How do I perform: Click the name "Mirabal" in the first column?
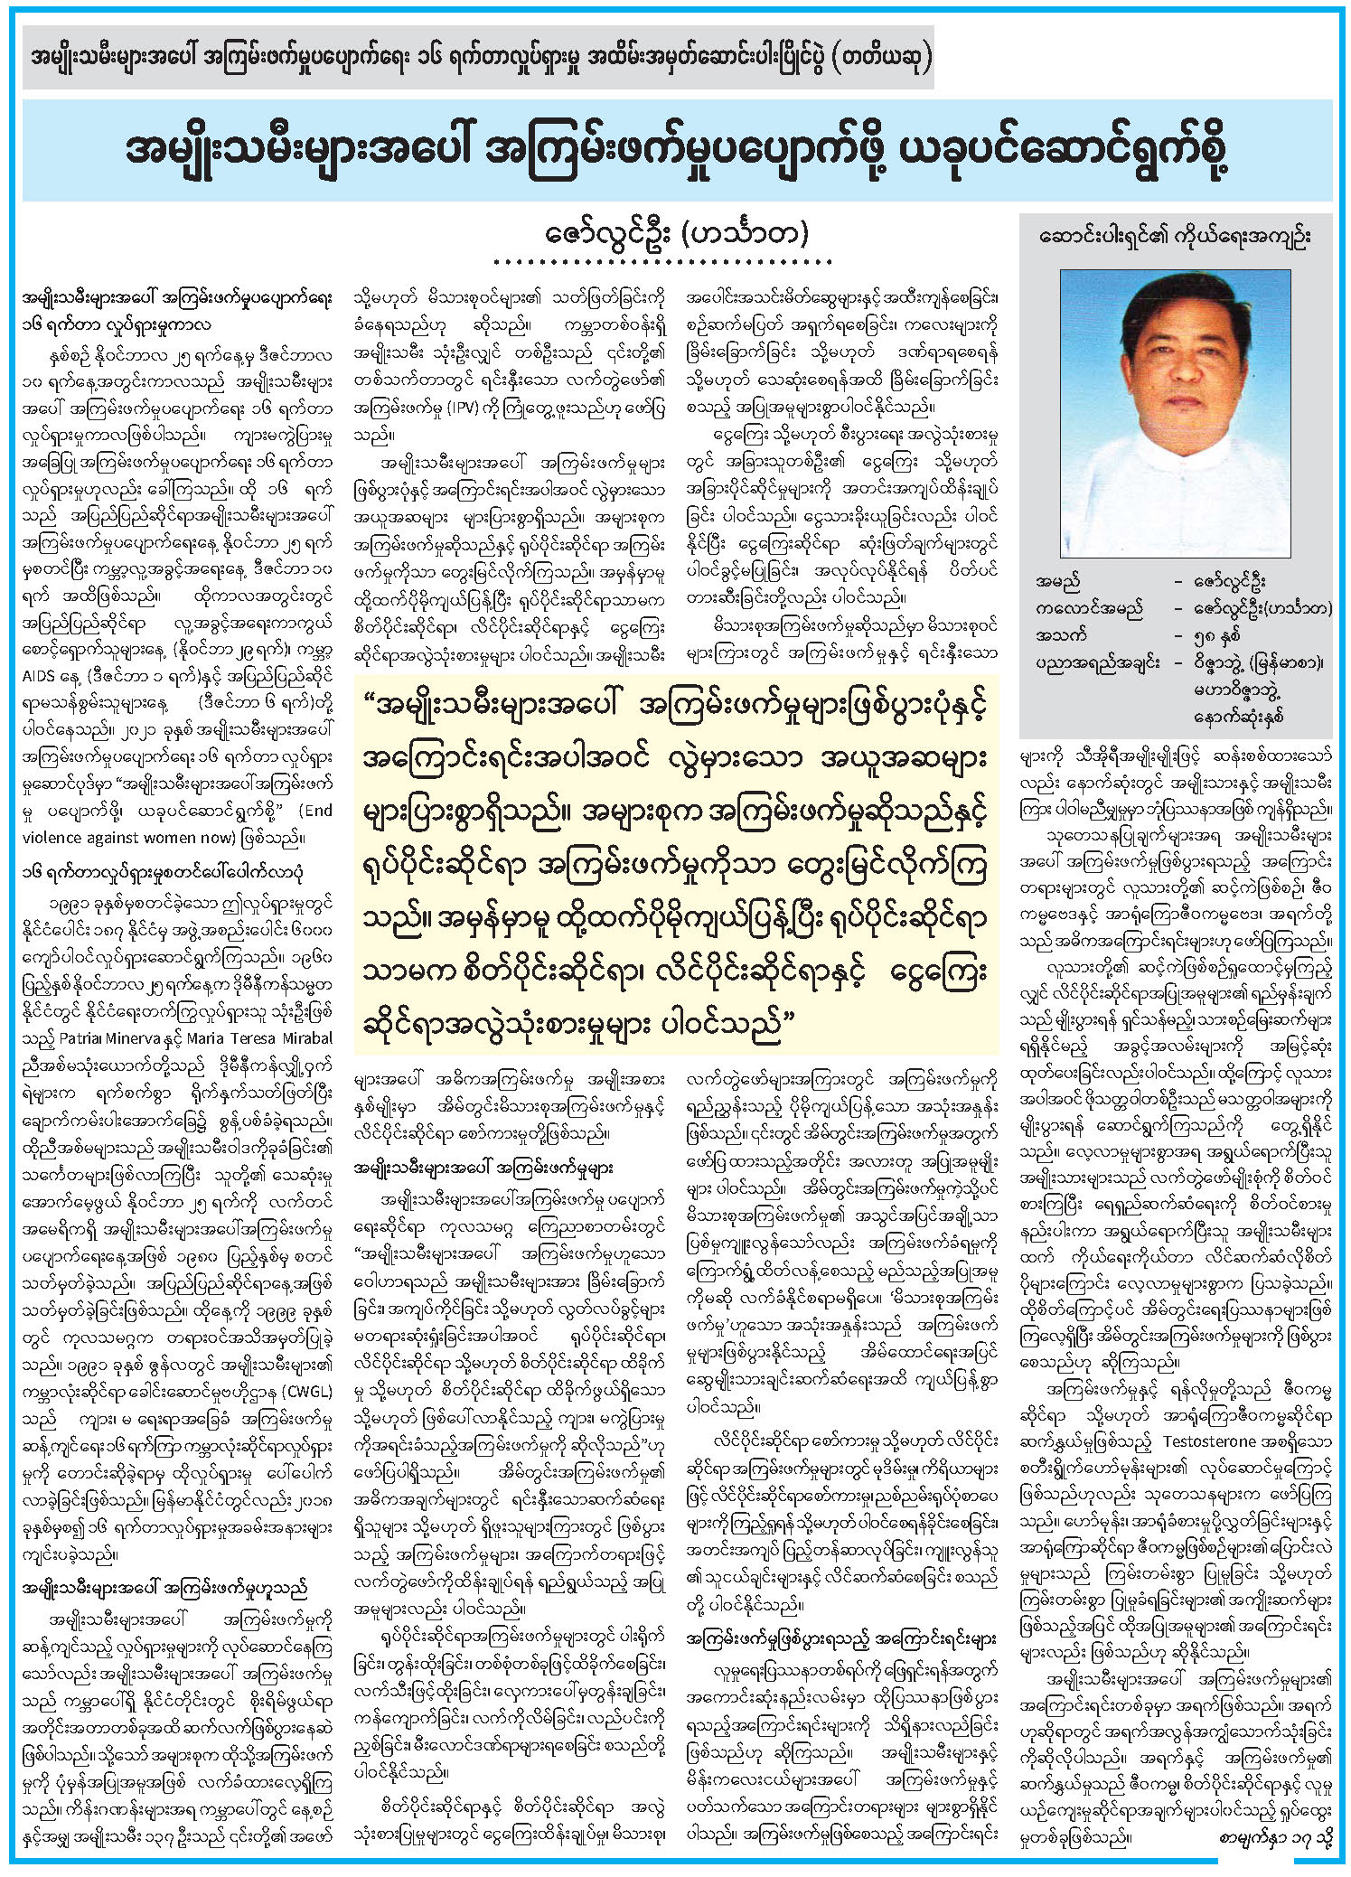pos(303,1038)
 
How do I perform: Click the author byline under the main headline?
pos(677,233)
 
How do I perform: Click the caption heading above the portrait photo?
pos(1175,237)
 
